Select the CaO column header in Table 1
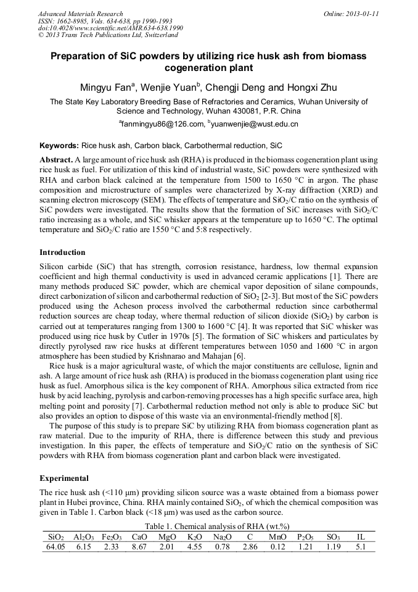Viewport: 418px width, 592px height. (x=139, y=537)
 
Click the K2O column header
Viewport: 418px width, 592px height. (x=195, y=537)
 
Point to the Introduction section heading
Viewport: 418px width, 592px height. (x=62, y=252)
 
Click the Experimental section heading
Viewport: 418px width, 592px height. (x=64, y=478)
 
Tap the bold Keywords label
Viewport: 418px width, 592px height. (x=59, y=146)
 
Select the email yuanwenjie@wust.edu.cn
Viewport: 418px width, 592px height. (x=255, y=124)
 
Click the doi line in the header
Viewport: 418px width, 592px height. (x=110, y=28)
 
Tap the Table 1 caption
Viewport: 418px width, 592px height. (x=208, y=526)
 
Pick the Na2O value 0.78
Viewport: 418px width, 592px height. (x=222, y=546)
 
